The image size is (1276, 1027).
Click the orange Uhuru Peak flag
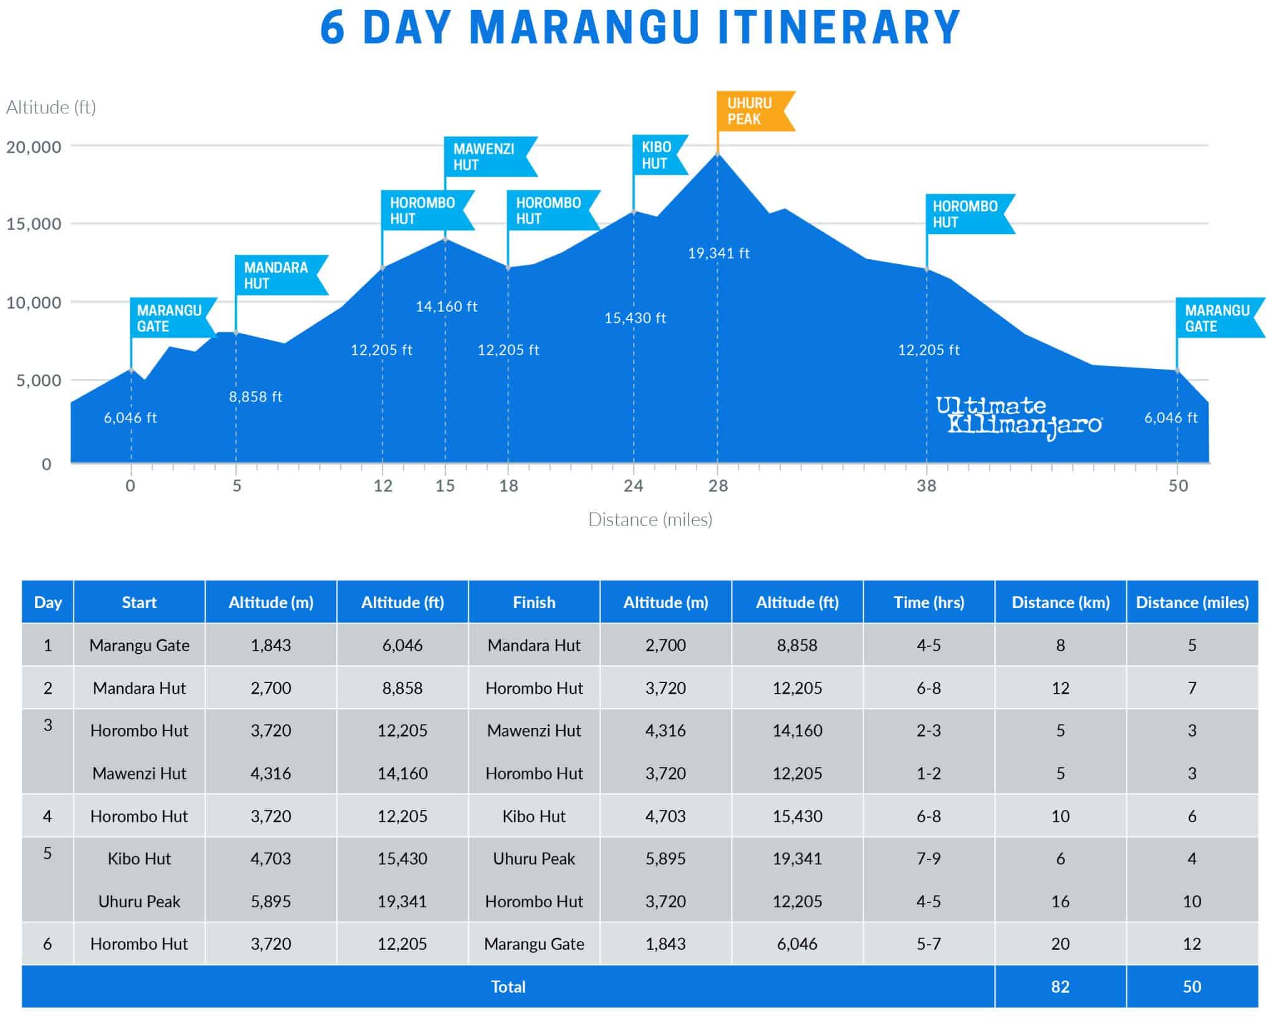[751, 111]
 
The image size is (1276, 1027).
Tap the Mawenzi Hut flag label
[486, 157]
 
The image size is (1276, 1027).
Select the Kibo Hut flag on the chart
[657, 155]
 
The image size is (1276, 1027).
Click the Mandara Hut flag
[277, 275]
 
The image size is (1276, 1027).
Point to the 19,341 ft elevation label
[718, 254]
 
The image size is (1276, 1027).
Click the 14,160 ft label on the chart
[446, 307]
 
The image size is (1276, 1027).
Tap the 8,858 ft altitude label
[255, 397]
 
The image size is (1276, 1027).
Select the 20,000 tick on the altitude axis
[34, 147]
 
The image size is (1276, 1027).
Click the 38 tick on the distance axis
[926, 486]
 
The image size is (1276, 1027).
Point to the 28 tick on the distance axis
[718, 486]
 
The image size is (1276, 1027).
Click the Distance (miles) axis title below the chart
[650, 520]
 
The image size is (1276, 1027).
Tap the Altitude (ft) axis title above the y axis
[51, 108]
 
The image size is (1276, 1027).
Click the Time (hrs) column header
[928, 603]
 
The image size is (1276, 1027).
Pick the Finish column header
[534, 603]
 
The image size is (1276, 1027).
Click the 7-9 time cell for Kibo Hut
[928, 859]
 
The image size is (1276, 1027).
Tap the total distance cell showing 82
[1060, 986]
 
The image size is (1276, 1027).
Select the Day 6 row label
[47, 944]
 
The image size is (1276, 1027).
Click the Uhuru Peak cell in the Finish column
[534, 859]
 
